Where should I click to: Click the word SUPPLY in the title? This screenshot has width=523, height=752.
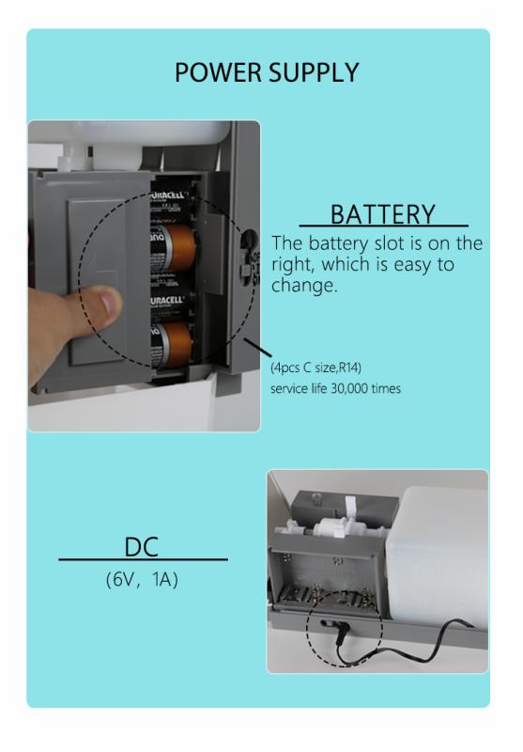pos(314,72)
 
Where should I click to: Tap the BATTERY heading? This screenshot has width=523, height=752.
pos(383,214)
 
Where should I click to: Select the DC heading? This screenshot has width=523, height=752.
pos(141,547)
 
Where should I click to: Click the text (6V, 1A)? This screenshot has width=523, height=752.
pos(142,580)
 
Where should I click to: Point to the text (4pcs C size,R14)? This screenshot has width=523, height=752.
pos(316,368)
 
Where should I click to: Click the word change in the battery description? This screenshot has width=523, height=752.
pos(304,286)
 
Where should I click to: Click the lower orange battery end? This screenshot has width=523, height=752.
pos(176,343)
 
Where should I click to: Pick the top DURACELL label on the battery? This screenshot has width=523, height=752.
pos(169,196)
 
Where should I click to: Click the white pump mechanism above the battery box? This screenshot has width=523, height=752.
pos(335,527)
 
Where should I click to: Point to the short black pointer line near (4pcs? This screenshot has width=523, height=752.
pos(257,347)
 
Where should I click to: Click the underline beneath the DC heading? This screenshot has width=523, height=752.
pos(144,559)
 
